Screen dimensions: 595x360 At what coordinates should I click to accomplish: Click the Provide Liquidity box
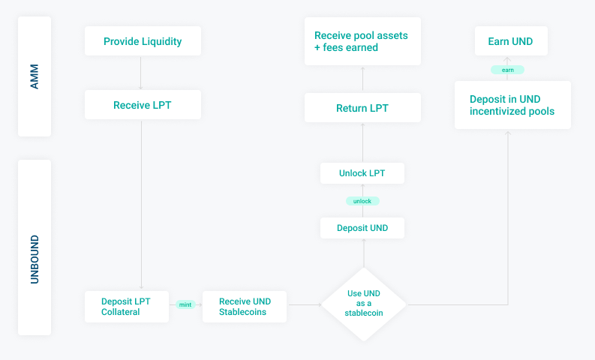[143, 41]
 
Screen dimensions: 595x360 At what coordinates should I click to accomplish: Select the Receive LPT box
[143, 105]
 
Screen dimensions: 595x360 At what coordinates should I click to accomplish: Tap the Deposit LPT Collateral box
[127, 307]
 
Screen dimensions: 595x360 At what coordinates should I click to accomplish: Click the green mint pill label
[185, 304]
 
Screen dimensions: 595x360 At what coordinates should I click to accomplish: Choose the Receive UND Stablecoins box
[245, 307]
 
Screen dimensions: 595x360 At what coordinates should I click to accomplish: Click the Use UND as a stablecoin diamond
[363, 304]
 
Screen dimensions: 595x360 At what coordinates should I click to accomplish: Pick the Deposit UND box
[362, 228]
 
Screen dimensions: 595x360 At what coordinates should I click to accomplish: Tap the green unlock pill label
[362, 201]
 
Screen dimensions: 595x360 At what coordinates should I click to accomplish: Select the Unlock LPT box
[362, 173]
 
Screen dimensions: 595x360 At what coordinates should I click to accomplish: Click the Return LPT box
[362, 108]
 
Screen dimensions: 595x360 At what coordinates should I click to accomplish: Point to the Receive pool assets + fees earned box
[362, 41]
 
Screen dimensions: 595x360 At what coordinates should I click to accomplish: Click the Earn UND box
[511, 41]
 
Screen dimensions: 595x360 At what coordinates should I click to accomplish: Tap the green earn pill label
[507, 70]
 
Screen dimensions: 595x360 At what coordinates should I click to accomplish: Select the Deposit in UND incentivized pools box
[512, 105]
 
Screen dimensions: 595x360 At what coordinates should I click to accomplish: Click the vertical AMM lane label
[35, 76]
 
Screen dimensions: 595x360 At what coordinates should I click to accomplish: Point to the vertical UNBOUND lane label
[35, 259]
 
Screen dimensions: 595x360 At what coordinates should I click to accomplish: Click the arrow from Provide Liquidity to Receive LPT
[141, 73]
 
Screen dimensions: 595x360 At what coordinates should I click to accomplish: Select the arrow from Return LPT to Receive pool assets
[362, 79]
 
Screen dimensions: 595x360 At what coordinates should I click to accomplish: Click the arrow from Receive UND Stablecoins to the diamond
[305, 304]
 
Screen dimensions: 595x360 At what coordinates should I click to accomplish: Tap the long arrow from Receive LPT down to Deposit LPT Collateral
[141, 205]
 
